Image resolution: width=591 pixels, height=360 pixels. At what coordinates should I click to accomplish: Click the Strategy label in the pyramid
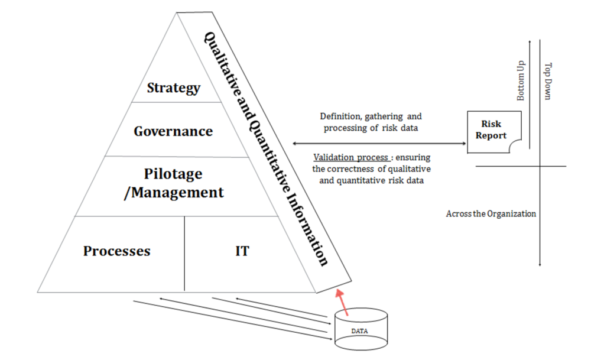[x=174, y=88]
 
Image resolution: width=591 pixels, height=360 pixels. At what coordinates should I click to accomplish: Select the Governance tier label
[x=173, y=131]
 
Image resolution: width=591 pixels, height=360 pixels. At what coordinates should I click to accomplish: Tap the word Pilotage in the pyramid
[x=173, y=174]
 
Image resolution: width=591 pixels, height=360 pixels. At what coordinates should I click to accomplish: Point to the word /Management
[x=174, y=193]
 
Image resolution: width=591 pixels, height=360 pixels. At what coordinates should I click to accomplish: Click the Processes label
[x=117, y=251]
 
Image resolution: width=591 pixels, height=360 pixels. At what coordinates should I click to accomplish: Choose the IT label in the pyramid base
[x=242, y=251]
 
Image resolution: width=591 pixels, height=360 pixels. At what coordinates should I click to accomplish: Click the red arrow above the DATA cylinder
[x=342, y=302]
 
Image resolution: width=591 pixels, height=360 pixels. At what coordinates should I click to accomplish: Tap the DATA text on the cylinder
[x=359, y=331]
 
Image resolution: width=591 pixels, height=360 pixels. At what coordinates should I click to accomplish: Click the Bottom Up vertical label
[x=521, y=80]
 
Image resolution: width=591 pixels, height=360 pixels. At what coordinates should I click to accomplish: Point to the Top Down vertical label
[x=548, y=81]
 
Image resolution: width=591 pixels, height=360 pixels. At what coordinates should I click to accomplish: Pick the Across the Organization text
[x=491, y=214]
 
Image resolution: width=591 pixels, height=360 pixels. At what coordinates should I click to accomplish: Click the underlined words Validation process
[x=351, y=157]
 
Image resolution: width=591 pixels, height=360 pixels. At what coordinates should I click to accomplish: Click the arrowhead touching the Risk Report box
[x=464, y=143]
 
